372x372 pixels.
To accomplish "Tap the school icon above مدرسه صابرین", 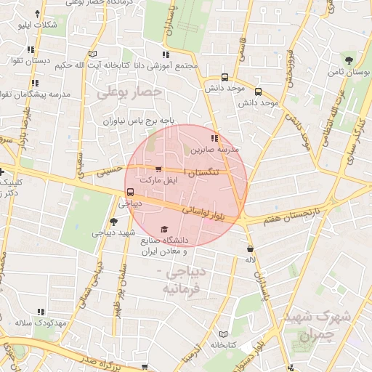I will click(x=214, y=138).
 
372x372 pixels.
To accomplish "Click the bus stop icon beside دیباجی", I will click(x=129, y=193).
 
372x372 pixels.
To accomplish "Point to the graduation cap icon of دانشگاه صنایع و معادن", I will click(x=163, y=229).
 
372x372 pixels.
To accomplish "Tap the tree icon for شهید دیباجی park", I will click(x=113, y=222).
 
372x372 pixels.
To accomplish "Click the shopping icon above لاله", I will click(x=250, y=248).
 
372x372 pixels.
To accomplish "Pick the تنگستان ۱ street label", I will click(x=203, y=174).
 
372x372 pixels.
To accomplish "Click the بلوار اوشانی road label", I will click(x=215, y=212).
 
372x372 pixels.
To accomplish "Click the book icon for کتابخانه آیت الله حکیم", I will click(x=92, y=53).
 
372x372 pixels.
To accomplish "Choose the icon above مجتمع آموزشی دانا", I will click(x=166, y=54).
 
